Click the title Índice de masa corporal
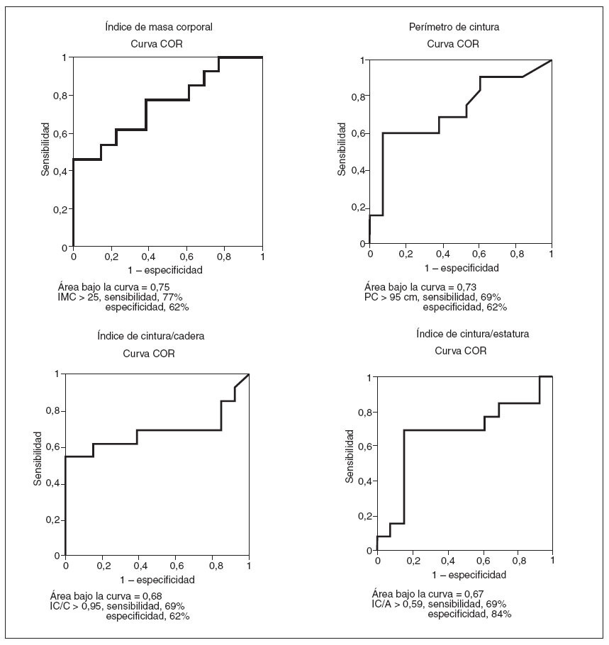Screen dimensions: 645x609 (158, 27)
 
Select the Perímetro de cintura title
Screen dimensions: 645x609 (454, 27)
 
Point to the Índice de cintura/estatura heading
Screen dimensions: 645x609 (473, 333)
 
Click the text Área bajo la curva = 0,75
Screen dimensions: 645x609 (110, 287)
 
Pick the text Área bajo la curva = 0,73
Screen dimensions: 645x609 (416, 286)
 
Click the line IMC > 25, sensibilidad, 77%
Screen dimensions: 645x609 (120, 297)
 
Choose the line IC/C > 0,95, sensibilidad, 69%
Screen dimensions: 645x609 (117, 606)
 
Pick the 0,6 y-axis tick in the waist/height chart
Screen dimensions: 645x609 (364, 447)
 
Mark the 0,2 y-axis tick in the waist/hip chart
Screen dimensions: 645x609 (52, 520)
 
